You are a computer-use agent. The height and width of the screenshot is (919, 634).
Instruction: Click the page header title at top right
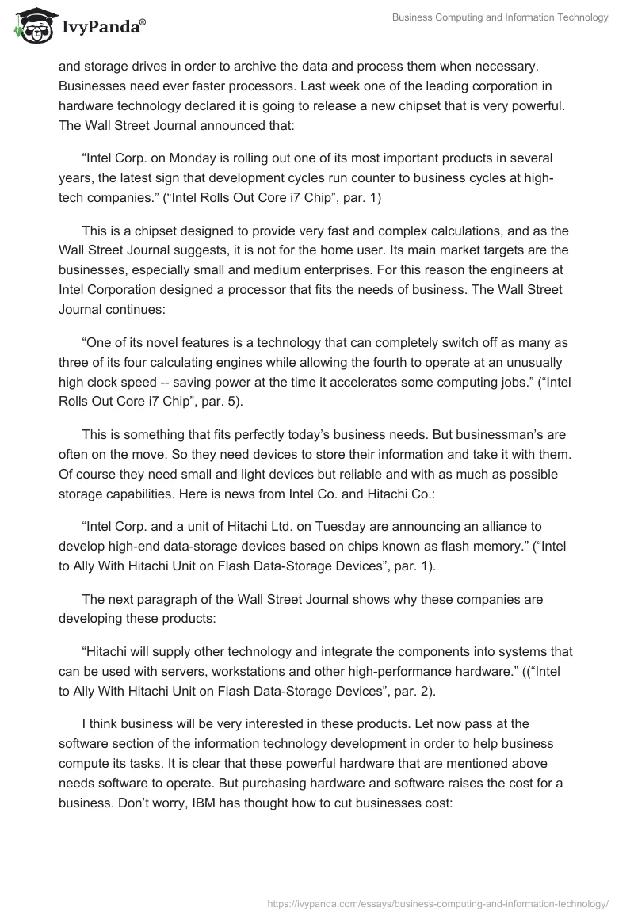click(500, 17)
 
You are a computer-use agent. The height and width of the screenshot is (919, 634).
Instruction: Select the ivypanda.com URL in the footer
click(438, 902)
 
